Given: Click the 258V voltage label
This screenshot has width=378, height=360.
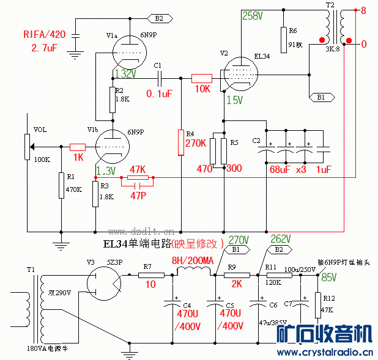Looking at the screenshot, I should (x=252, y=16).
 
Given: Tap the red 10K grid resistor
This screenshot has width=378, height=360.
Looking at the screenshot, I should (x=201, y=78).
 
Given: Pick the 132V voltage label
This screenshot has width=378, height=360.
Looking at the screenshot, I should (x=124, y=74).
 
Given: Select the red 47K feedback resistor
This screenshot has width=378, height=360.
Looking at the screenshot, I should (x=138, y=177).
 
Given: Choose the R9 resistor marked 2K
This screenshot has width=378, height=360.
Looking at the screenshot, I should (x=237, y=276).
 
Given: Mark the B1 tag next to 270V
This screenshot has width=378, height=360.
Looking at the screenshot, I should (x=237, y=249).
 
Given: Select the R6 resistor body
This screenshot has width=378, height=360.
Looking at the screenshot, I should (x=283, y=40).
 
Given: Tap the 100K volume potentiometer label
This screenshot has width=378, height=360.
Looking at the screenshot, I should (x=43, y=160).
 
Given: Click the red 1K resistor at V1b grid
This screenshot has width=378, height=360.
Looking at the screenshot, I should (x=77, y=147).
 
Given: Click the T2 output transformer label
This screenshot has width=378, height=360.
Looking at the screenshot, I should (x=330, y=5).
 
